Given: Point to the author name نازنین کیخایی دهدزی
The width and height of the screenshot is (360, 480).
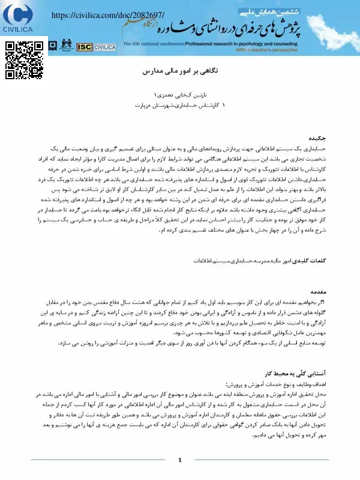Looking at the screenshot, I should click(x=180, y=95).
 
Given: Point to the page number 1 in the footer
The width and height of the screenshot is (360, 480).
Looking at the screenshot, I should click(x=180, y=460).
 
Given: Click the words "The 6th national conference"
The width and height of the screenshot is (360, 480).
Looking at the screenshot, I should click(x=145, y=44).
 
